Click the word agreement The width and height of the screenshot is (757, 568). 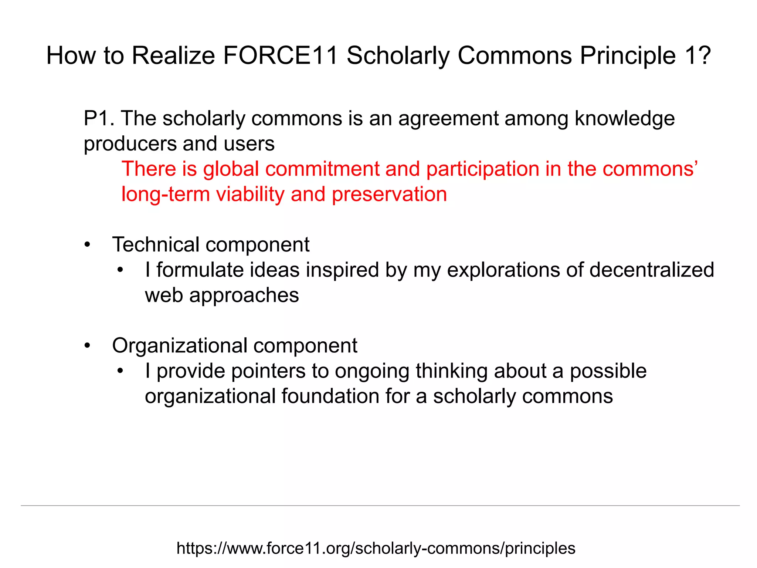[x=448, y=119]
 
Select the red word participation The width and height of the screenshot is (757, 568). [x=482, y=169]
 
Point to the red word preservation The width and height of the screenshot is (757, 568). [x=389, y=195]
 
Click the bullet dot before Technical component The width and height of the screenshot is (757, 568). [x=87, y=245]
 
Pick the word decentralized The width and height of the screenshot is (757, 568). [x=652, y=270]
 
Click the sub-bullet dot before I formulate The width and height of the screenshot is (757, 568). [x=120, y=270]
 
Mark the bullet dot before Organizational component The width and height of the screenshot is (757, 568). [x=87, y=346]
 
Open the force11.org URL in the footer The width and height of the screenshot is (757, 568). [x=376, y=548]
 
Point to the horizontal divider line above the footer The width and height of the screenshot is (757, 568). [x=380, y=506]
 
